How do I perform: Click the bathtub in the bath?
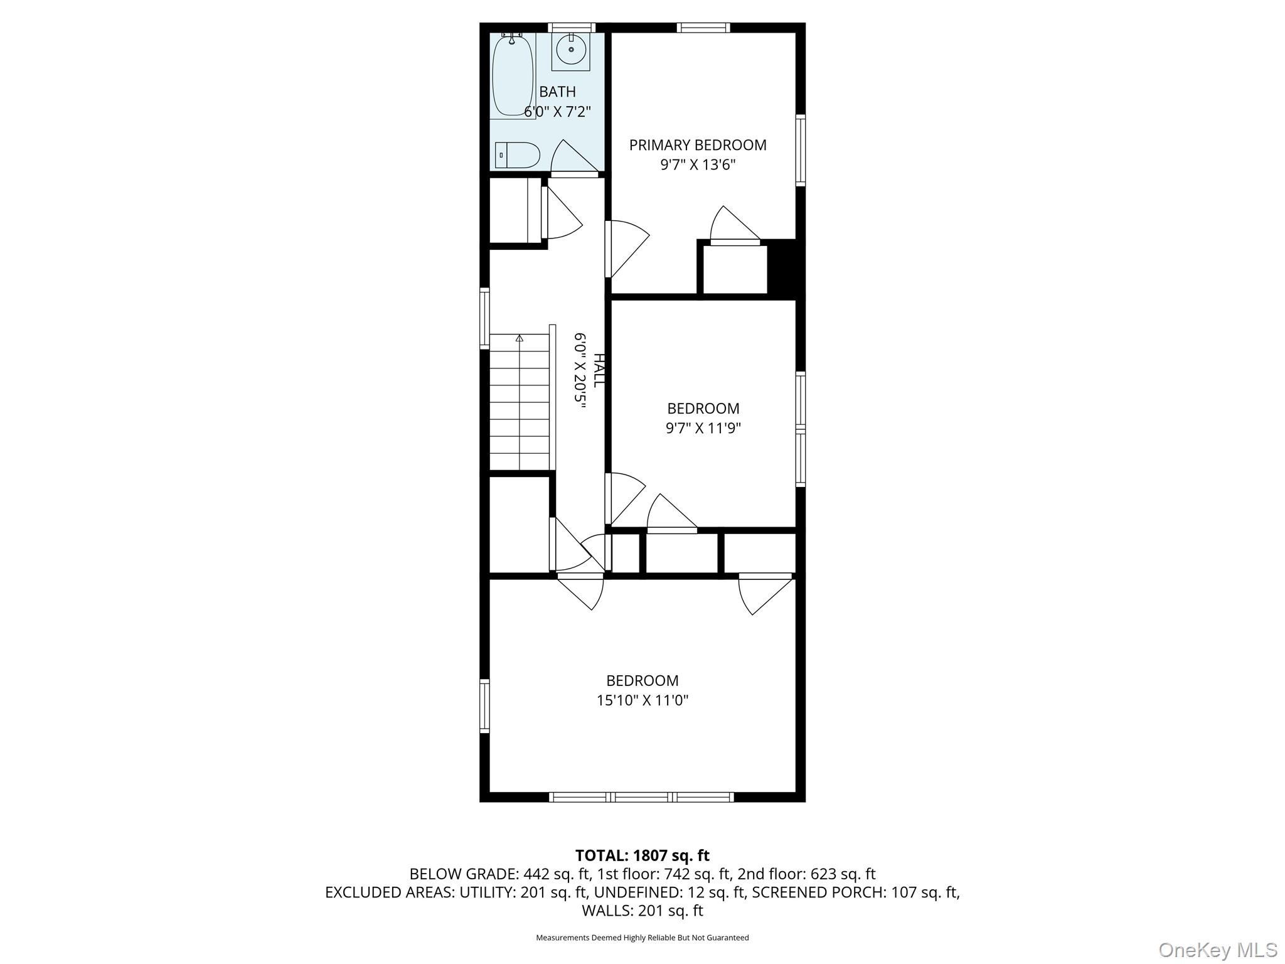[x=513, y=75]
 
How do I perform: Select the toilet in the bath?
[x=518, y=155]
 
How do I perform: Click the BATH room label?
[x=557, y=92]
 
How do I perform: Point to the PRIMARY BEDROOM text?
[x=698, y=145]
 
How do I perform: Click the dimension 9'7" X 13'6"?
[x=698, y=165]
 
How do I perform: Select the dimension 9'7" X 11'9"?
[x=703, y=429]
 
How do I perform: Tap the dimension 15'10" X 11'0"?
[x=642, y=700]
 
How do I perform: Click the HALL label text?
[x=599, y=370]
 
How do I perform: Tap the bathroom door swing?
[x=572, y=157]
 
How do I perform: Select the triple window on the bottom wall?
[x=641, y=797]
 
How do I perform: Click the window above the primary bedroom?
[x=703, y=28]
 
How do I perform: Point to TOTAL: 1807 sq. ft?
[x=642, y=855]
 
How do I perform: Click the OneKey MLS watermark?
[x=1217, y=950]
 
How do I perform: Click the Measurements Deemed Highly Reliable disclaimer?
[x=642, y=938]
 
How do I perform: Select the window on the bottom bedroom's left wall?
[x=484, y=706]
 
